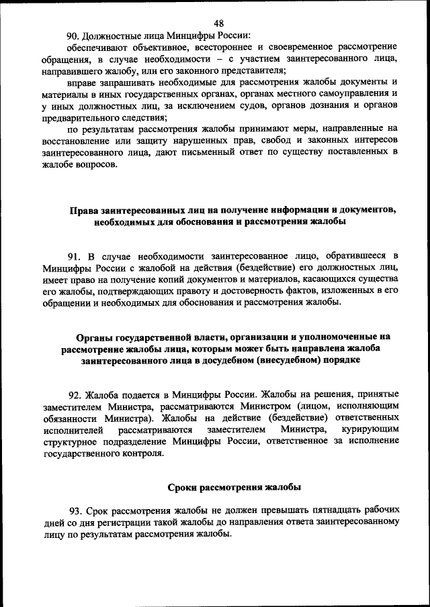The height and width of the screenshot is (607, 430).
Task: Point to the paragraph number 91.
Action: (x=75, y=256)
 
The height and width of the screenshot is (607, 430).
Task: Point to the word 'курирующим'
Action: (x=369, y=429)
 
